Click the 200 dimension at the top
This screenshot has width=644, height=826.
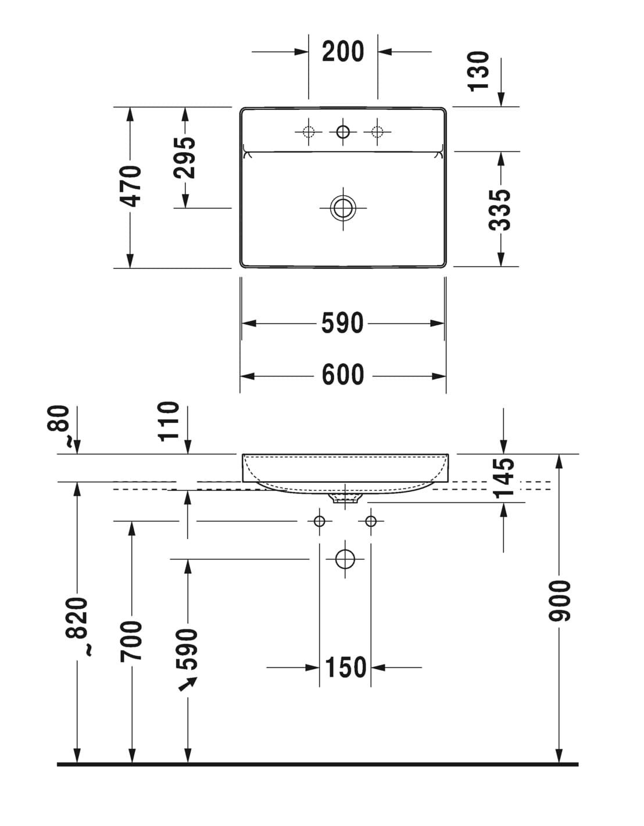point(343,52)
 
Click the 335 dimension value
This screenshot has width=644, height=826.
point(500,209)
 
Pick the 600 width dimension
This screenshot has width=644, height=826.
point(343,375)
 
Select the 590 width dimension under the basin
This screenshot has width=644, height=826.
point(342,323)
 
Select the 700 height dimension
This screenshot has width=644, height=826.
point(131,640)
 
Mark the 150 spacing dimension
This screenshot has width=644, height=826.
point(346,667)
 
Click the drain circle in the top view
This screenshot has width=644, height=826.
point(343,208)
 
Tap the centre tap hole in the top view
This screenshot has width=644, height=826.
point(343,132)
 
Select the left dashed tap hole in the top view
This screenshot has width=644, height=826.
point(309,132)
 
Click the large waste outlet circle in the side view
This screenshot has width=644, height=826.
point(345,559)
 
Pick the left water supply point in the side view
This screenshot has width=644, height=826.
point(319,520)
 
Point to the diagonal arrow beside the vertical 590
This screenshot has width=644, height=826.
point(187,686)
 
